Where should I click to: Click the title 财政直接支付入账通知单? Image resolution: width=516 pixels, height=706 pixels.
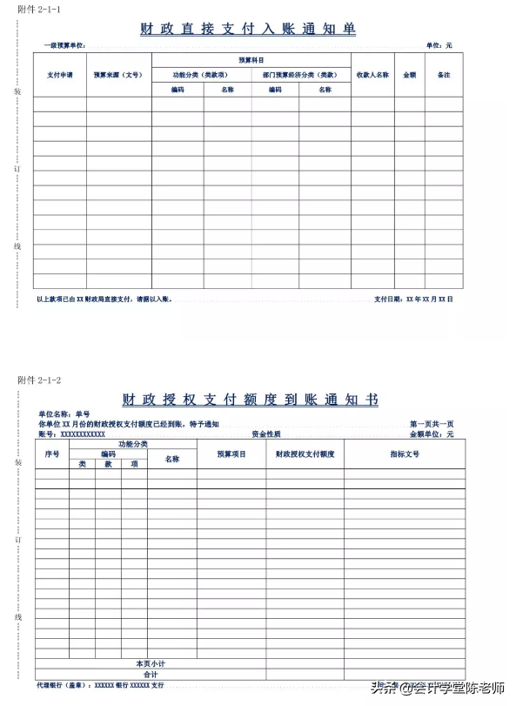coord(248,29)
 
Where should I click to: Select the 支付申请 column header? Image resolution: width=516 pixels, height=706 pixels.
coord(60,75)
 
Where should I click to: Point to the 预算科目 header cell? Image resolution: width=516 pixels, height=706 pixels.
coord(251,59)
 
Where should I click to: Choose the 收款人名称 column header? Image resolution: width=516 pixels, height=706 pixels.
coord(372,75)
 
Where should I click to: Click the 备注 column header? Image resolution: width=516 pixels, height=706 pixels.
coord(444,75)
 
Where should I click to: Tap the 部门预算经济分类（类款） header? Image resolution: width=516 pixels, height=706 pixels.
coord(300,75)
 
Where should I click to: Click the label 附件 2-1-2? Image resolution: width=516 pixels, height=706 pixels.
coord(39,380)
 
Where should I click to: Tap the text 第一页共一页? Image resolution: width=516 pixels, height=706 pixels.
coord(432,424)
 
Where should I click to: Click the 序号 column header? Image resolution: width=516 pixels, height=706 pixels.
coord(52,454)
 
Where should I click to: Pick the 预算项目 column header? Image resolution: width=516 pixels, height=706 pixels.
coord(231,454)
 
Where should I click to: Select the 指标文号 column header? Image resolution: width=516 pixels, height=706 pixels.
coord(405,454)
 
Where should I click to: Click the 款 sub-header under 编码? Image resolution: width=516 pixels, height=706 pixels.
coord(108,464)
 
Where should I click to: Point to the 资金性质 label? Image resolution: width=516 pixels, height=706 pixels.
coord(265,434)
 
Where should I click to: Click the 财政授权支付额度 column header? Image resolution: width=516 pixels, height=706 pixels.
coord(305,454)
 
